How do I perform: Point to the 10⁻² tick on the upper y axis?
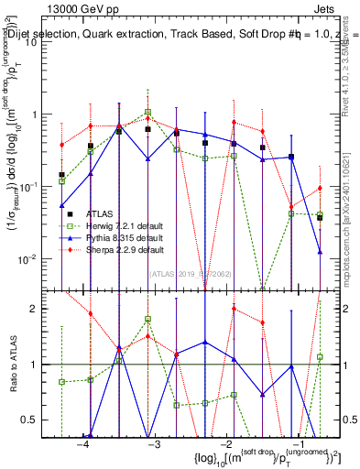click(36, 258)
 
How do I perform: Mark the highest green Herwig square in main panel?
click(147, 113)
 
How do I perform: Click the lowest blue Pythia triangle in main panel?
click(320, 251)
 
